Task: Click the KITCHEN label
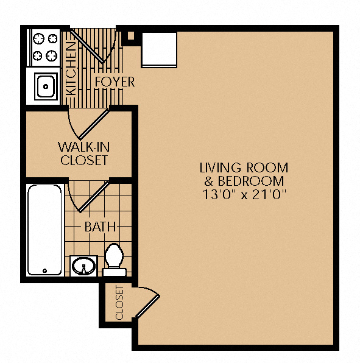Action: pyautogui.click(x=71, y=69)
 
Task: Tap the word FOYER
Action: pyautogui.click(x=115, y=82)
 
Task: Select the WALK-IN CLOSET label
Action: pyautogui.click(x=84, y=153)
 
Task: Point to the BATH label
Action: pyautogui.click(x=100, y=227)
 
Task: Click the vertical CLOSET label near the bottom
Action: pyautogui.click(x=119, y=303)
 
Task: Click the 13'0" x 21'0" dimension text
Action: pyautogui.click(x=244, y=194)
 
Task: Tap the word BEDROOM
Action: pyautogui.click(x=251, y=181)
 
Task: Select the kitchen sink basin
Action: pyautogui.click(x=46, y=86)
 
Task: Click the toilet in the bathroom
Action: pyautogui.click(x=114, y=259)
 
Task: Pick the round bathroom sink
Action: pyautogui.click(x=83, y=266)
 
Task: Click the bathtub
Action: pyautogui.click(x=44, y=230)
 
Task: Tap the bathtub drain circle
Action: pyautogui.click(x=44, y=270)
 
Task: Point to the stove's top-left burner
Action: pyautogui.click(x=38, y=38)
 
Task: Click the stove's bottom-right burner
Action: pyautogui.click(x=51, y=55)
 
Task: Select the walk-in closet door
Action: pyautogui.click(x=94, y=124)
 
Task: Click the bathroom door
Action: pyautogui.click(x=94, y=197)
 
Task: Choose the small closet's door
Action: pyautogui.click(x=147, y=306)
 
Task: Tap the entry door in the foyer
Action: pyautogui.click(x=87, y=46)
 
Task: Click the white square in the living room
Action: pyautogui.click(x=159, y=50)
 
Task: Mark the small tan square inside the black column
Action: pyautogui.click(x=131, y=36)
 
